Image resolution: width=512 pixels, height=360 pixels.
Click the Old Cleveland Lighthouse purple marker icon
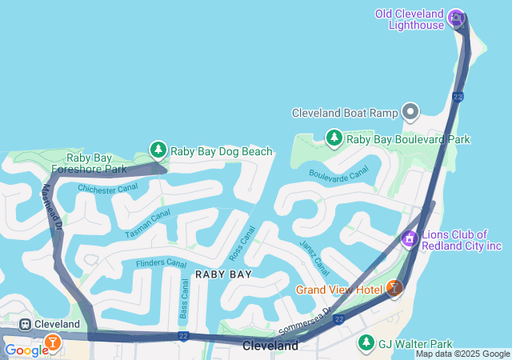coord(456,17)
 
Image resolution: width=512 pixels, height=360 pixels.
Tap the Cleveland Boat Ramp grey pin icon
coord(411,113)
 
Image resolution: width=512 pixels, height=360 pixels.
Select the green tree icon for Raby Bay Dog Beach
coord(158,150)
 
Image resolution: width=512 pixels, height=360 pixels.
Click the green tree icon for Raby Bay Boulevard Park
coord(334,138)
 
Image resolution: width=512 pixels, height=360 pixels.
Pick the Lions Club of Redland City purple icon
coord(410,238)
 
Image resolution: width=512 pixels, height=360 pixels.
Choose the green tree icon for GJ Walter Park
coord(366,343)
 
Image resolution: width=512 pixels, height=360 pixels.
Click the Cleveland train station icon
coord(26,324)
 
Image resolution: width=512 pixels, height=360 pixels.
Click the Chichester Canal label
coord(107,190)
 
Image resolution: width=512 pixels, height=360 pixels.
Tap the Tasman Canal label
coord(148,223)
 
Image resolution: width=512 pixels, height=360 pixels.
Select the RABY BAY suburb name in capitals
coord(223,274)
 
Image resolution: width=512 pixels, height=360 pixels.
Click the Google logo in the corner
coord(26,350)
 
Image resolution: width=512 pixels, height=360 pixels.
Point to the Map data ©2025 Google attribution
coord(462,354)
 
